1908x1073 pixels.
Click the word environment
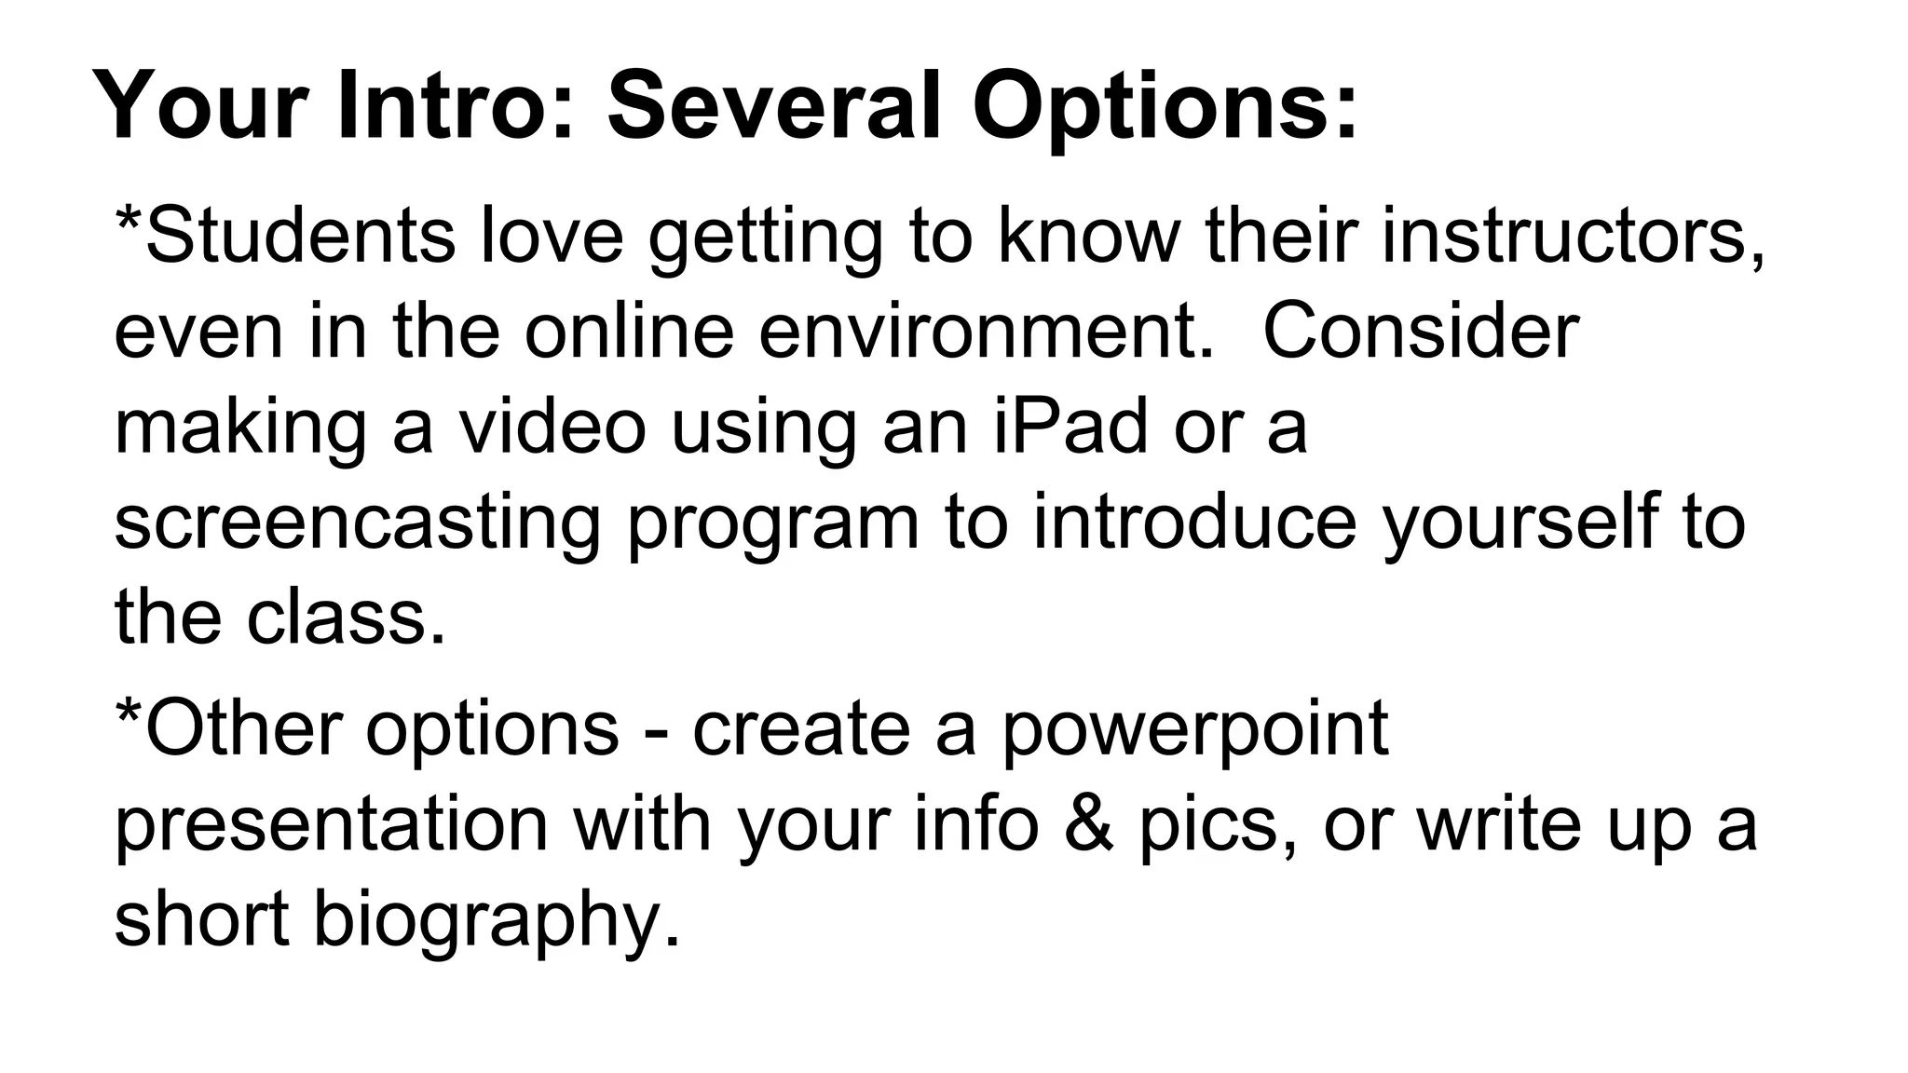[x=988, y=332]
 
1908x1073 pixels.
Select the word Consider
[x=1421, y=332]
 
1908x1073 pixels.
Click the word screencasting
[x=358, y=523]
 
